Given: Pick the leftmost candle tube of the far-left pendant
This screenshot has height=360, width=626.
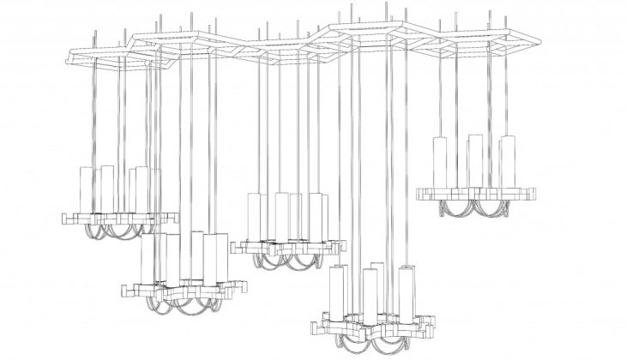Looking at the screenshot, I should coord(86,189).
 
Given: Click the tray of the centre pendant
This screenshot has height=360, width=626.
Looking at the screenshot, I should coord(287,247).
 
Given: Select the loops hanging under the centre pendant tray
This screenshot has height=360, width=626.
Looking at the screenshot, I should coord(287,260).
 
